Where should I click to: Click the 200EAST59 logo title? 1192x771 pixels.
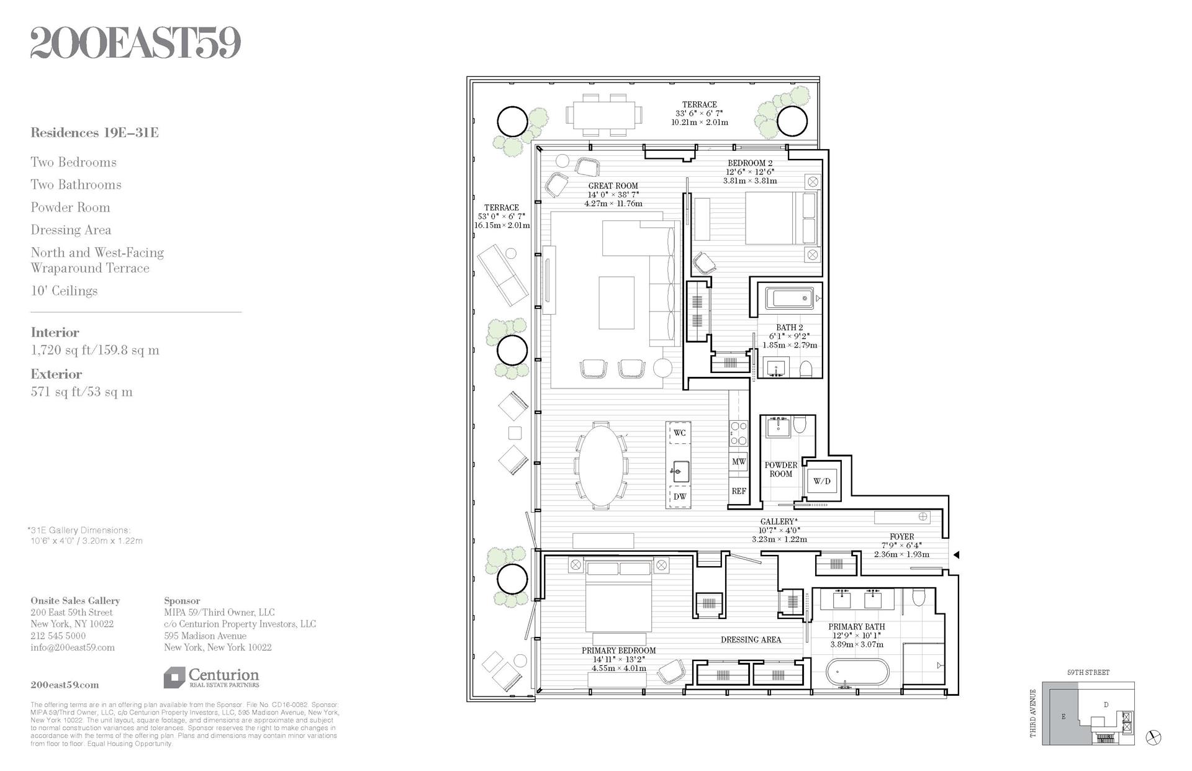click(135, 43)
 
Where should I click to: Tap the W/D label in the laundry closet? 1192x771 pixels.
click(821, 481)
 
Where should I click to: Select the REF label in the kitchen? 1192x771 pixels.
click(738, 491)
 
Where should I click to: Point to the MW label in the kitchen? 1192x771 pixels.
click(738, 462)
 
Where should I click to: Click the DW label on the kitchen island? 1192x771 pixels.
click(680, 497)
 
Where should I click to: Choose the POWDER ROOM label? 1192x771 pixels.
click(780, 469)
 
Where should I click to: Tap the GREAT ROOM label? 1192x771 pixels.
click(613, 186)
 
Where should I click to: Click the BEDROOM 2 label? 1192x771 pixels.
click(750, 163)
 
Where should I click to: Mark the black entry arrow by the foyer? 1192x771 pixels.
click(956, 555)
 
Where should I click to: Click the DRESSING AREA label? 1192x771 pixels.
click(751, 639)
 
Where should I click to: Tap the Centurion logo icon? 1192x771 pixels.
click(174, 677)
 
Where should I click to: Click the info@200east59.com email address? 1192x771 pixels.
click(73, 647)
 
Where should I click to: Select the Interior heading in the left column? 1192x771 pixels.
click(55, 333)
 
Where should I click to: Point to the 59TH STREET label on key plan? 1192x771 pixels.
click(1088, 672)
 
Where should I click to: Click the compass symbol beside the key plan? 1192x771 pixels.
click(1154, 737)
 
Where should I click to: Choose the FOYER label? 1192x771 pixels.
click(901, 536)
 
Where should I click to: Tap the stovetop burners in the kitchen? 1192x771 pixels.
click(738, 433)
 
